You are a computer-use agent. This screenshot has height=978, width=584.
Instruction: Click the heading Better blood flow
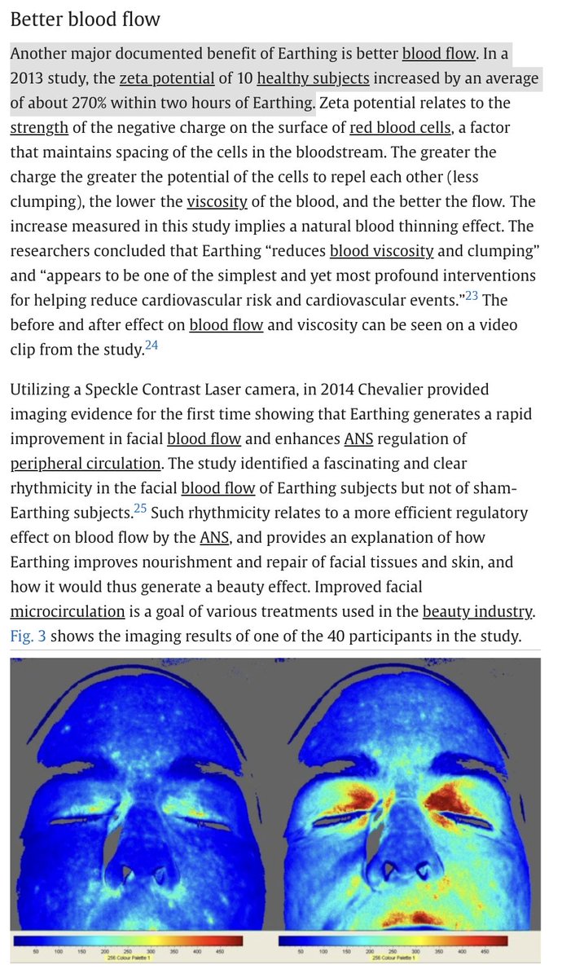click(86, 19)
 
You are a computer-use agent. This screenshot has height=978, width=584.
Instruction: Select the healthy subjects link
click(313, 79)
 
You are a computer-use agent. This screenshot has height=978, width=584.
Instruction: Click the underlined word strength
click(38, 128)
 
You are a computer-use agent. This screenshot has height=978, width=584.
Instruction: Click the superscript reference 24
click(152, 345)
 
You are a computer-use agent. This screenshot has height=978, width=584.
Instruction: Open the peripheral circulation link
click(86, 464)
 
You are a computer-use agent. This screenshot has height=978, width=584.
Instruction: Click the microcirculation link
click(68, 611)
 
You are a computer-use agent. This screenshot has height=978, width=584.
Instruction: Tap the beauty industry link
click(476, 611)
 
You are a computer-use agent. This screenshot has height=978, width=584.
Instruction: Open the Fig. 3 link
click(28, 636)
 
